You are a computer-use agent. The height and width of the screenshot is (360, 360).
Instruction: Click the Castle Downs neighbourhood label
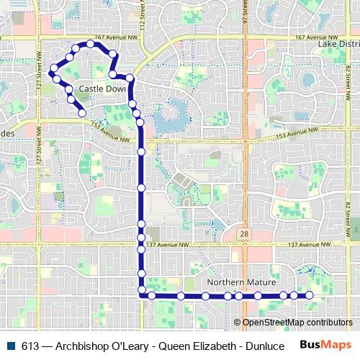tap(102, 88)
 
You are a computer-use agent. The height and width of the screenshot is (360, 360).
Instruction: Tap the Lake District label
tap(338, 44)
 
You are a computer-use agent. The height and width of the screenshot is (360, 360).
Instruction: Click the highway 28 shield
tap(246, 235)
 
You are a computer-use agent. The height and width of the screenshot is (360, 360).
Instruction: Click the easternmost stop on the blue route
tap(310, 295)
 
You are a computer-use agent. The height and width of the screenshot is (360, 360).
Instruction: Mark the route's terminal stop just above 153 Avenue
tap(83, 112)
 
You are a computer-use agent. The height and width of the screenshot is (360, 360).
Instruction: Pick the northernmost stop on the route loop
tap(90, 44)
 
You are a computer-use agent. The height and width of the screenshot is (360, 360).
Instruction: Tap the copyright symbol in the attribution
tap(238, 323)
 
